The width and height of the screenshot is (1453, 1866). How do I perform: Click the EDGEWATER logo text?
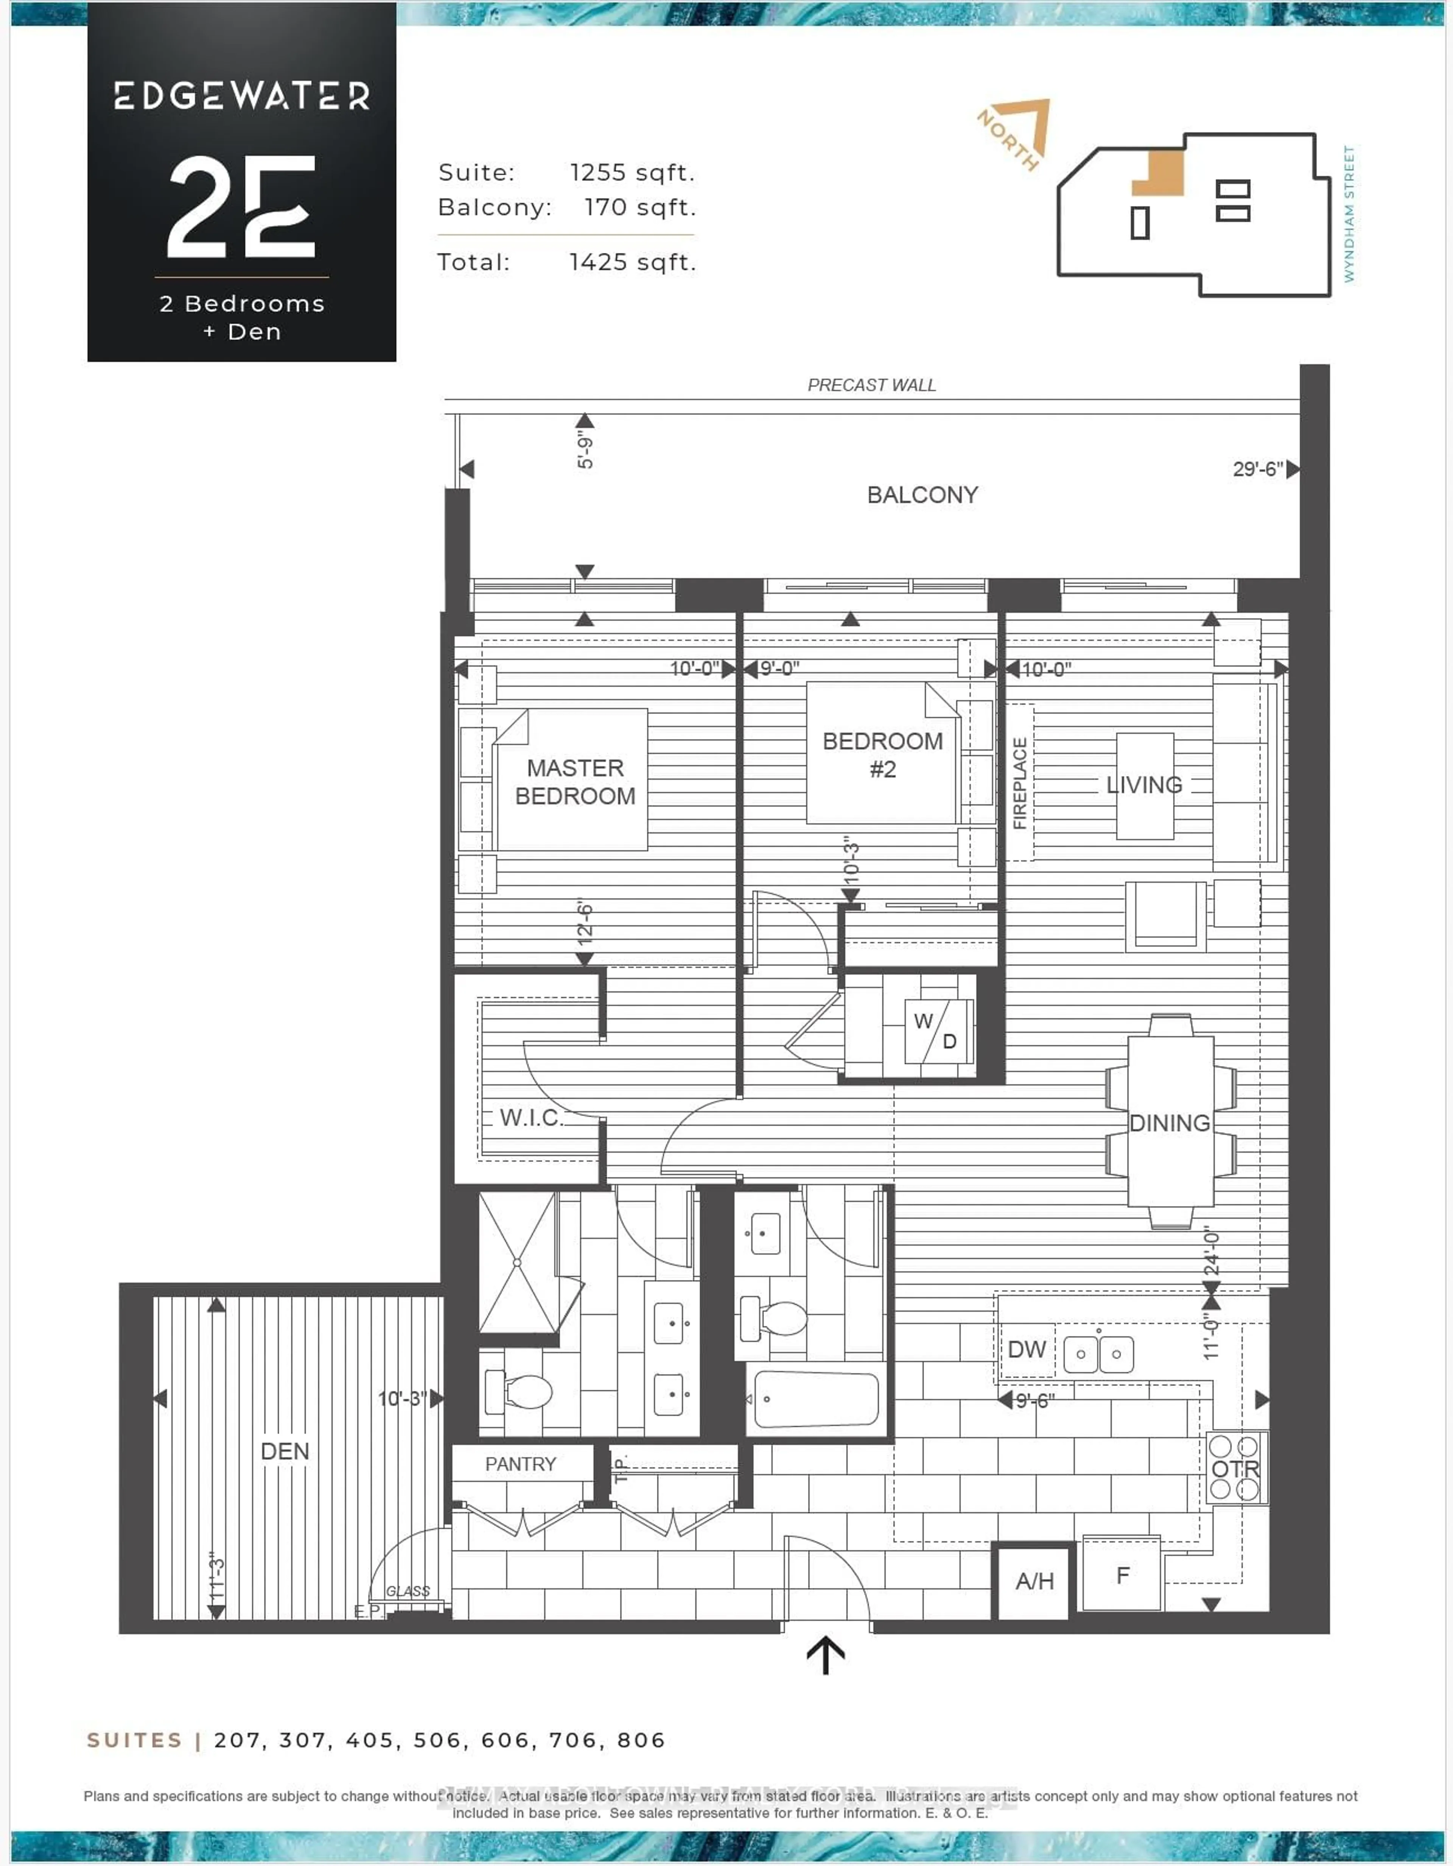242,96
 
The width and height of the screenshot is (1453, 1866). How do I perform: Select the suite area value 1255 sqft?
632,173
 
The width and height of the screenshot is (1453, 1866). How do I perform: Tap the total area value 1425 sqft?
632,262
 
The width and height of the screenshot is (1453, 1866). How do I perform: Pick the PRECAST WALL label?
871,385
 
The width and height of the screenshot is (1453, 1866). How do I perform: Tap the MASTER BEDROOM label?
575,782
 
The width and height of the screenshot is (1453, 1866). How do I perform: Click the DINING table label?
1170,1123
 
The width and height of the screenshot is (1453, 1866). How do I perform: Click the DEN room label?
285,1451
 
